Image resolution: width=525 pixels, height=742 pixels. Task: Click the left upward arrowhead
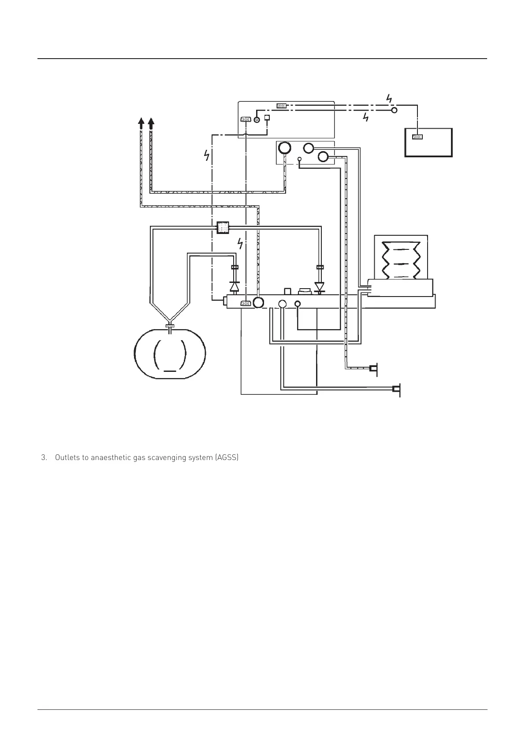(141, 123)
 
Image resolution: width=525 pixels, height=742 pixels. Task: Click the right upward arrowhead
(151, 123)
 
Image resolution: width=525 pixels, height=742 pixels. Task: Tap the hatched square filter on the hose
(223, 227)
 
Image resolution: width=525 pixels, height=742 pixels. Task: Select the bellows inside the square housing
(401, 260)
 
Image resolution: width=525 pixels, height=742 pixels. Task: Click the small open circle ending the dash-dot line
(395, 110)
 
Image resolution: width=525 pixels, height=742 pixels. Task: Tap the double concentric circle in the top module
(257, 119)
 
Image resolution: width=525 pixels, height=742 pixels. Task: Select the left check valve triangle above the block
(235, 286)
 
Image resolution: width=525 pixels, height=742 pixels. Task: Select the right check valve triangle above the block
(320, 287)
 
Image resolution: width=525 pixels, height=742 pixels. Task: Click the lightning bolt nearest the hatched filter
(240, 243)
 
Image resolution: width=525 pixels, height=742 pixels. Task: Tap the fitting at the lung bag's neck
(170, 326)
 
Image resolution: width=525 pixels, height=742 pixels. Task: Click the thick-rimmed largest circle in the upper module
(284, 148)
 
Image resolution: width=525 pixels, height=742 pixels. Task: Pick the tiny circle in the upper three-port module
(299, 159)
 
